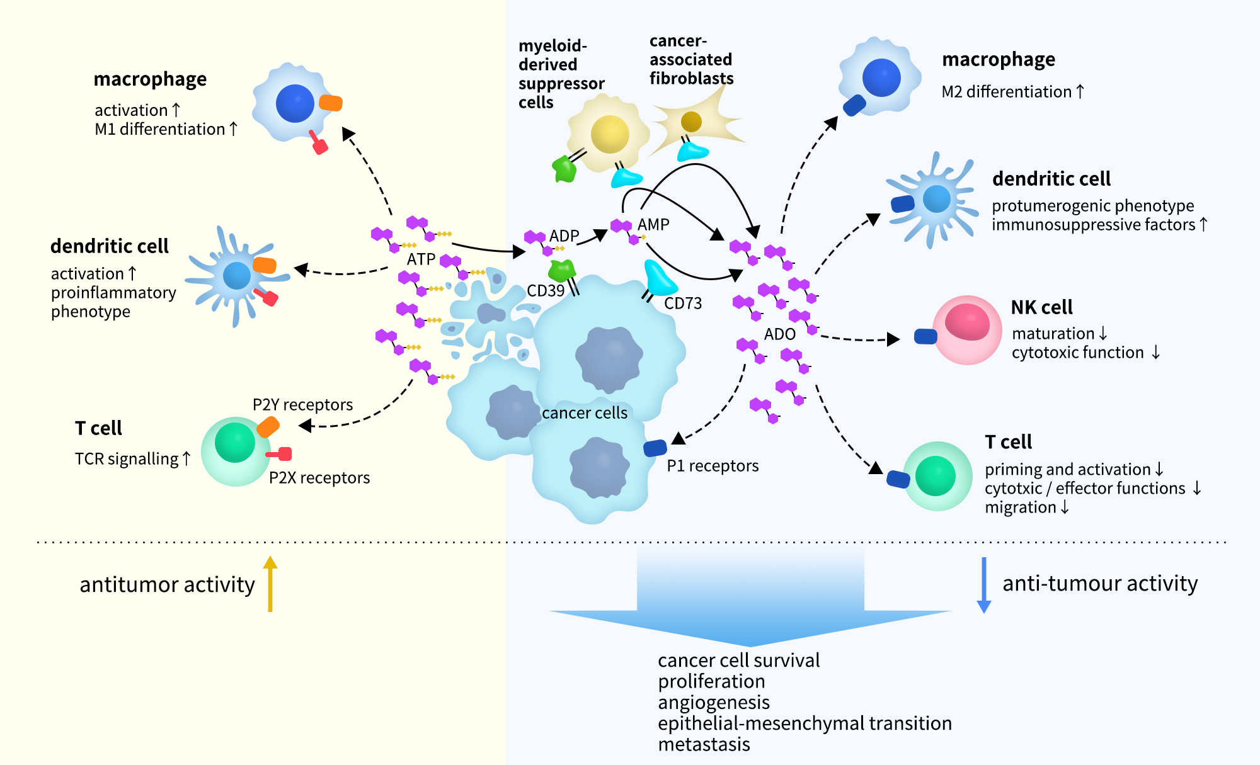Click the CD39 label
click(x=545, y=291)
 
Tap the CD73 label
click(x=682, y=303)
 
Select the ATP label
click(x=421, y=259)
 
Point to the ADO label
click(x=779, y=334)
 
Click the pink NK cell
click(x=967, y=330)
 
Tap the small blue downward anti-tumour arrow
click(x=983, y=585)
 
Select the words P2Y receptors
click(x=302, y=405)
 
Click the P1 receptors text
click(x=713, y=466)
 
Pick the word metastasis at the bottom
click(x=704, y=745)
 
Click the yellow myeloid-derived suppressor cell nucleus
click(x=609, y=134)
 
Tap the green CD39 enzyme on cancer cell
click(x=561, y=271)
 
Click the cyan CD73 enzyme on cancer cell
click(x=659, y=279)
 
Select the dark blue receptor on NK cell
click(x=925, y=337)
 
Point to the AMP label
click(x=653, y=225)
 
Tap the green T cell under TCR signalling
click(x=236, y=450)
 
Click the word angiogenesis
click(x=713, y=703)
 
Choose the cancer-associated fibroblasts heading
click(x=691, y=60)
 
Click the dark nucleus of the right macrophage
click(x=881, y=77)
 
